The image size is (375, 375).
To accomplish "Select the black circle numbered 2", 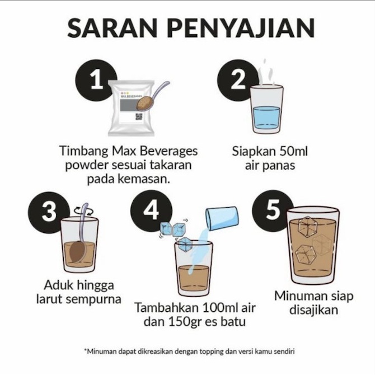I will point(238,82).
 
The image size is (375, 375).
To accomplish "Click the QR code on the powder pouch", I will point(138,116).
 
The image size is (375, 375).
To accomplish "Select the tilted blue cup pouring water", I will point(222,218).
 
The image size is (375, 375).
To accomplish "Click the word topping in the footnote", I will point(222,351).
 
